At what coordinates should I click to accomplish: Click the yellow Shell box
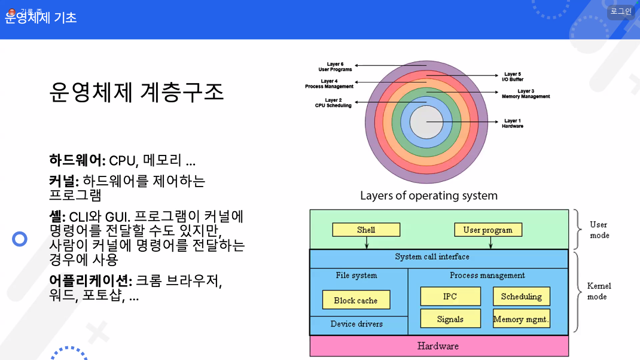[x=366, y=230]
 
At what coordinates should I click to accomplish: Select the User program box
[x=487, y=230]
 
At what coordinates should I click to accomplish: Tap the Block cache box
[x=356, y=300]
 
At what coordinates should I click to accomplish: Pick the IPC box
[x=450, y=297]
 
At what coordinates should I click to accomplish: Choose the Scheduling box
[x=521, y=297]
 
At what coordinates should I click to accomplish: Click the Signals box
[x=450, y=319]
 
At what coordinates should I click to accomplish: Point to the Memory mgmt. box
[x=521, y=319]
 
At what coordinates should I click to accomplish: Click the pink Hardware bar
[x=438, y=346]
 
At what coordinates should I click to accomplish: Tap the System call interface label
[x=432, y=257]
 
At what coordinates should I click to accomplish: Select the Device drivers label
[x=356, y=324]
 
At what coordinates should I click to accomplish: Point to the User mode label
[x=599, y=230]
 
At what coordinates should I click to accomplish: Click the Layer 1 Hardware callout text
[x=513, y=124]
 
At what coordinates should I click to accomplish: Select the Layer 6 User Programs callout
[x=335, y=66]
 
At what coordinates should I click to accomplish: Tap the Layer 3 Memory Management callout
[x=525, y=94]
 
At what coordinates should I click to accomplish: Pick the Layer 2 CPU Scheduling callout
[x=333, y=103]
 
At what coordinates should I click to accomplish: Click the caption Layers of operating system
[x=428, y=196]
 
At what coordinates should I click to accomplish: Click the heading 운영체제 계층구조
[x=136, y=93]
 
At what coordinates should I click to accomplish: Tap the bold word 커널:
[x=64, y=181]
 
